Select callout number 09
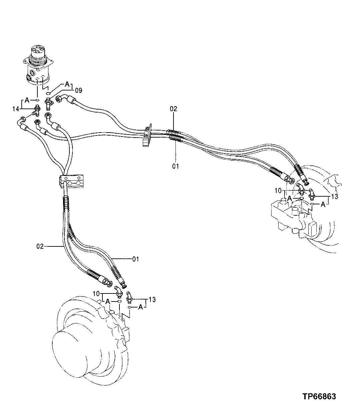pos(78,90)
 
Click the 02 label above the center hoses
pos(173,109)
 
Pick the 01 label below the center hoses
pos(175,166)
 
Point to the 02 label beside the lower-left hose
pos(40,247)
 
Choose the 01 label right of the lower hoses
pos(136,259)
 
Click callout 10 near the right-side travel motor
pos(278,191)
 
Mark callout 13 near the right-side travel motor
pos(335,197)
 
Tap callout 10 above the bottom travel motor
pos(96,294)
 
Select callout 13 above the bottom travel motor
pos(152,299)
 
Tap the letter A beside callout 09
pos(67,84)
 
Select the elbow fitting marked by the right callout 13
pos(312,193)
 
